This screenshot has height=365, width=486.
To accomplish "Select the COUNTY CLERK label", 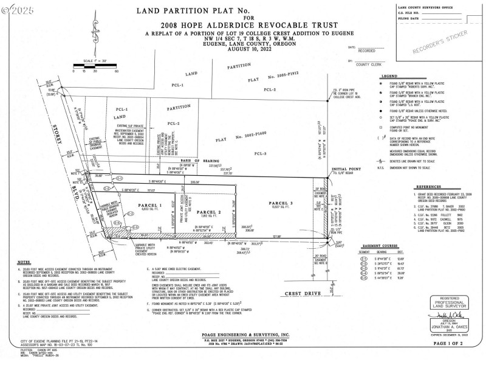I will (x=366, y=63).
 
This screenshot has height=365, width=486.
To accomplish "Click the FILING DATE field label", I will (x=409, y=19).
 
